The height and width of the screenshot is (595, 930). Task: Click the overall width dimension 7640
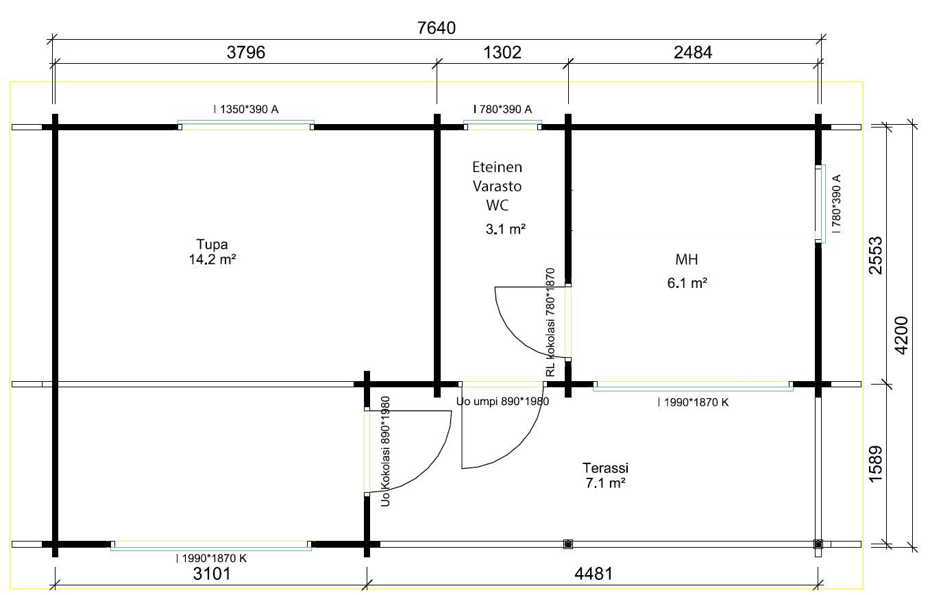pyautogui.click(x=437, y=28)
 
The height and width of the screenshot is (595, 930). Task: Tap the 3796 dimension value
pyautogui.click(x=246, y=52)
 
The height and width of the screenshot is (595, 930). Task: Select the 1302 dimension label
pyautogui.click(x=502, y=52)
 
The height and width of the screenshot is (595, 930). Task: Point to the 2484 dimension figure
pyautogui.click(x=693, y=52)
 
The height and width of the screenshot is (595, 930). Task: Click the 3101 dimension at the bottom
pyautogui.click(x=212, y=574)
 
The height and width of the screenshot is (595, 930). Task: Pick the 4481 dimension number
pyautogui.click(x=594, y=574)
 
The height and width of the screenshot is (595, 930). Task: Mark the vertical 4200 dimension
pyautogui.click(x=901, y=335)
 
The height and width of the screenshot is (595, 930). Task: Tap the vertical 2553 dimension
pyautogui.click(x=876, y=256)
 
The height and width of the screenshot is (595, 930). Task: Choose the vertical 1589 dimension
pyautogui.click(x=876, y=464)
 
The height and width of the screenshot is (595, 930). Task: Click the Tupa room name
pyautogui.click(x=212, y=244)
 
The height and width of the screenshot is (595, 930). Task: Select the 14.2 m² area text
pyautogui.click(x=212, y=260)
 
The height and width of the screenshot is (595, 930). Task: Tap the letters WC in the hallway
pyautogui.click(x=497, y=205)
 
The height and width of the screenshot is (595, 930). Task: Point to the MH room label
pyautogui.click(x=687, y=260)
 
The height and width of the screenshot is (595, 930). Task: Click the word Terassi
pyautogui.click(x=605, y=468)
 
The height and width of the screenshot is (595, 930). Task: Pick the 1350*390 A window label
pyautogui.click(x=246, y=109)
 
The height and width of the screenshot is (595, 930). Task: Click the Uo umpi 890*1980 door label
pyautogui.click(x=502, y=401)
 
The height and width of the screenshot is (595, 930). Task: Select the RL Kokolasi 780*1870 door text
pyautogui.click(x=550, y=322)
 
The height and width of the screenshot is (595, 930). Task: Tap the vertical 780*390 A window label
pyautogui.click(x=836, y=204)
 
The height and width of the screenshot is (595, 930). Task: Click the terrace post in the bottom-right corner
pyautogui.click(x=818, y=544)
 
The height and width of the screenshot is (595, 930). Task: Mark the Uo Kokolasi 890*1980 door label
pyautogui.click(x=385, y=451)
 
